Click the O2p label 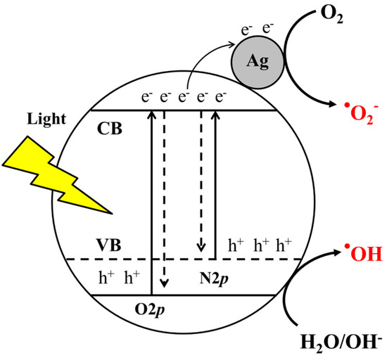152,307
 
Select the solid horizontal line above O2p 211,294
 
